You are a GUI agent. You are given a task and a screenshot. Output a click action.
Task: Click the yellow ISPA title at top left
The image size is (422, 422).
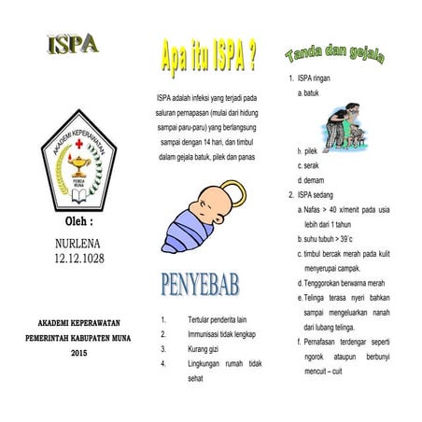coord(72,44)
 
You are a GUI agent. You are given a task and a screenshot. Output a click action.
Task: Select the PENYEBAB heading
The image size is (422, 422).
coord(206,281)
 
